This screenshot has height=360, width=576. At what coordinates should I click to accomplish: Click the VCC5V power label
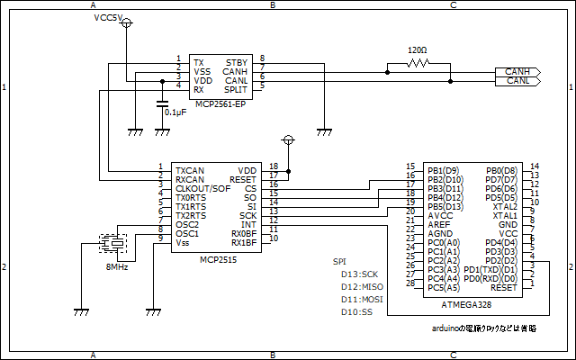tap(109, 18)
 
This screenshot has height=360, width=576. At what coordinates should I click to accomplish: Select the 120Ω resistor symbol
tap(418, 64)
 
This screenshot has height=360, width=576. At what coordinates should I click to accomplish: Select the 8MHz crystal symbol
tap(114, 243)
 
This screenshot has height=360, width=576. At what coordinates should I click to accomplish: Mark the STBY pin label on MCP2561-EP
tap(237, 60)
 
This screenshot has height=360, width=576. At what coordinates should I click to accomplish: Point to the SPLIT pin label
tap(236, 89)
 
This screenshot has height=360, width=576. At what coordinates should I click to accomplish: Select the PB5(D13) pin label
tap(444, 206)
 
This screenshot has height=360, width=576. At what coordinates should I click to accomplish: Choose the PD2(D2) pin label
tap(500, 260)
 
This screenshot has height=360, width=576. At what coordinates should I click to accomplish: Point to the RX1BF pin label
tap(244, 242)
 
